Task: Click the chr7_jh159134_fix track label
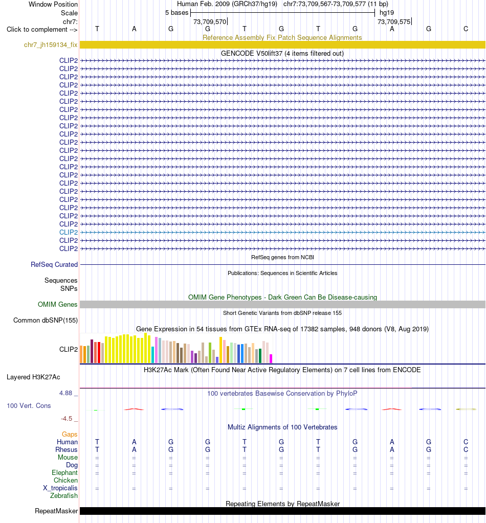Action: tap(51, 44)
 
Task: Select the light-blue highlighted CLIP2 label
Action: tap(69, 232)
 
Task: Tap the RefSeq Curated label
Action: tap(54, 264)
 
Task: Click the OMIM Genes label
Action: tap(57, 304)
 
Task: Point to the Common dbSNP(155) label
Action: tap(46, 320)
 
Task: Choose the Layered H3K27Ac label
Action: tap(33, 377)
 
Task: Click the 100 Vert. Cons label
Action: tap(29, 405)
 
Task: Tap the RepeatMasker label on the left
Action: tap(56, 511)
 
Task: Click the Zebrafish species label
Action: tap(64, 496)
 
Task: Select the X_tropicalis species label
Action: tap(60, 488)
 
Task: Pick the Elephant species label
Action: tap(64, 472)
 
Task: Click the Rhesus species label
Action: tap(67, 449)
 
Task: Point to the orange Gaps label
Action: tap(70, 434)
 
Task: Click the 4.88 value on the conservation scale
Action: tap(66, 393)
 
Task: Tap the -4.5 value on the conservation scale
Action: tap(67, 418)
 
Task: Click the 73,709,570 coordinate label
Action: tap(210, 21)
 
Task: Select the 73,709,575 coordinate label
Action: tap(394, 21)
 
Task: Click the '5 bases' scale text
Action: tap(177, 13)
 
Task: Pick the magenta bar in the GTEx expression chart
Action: tap(271, 358)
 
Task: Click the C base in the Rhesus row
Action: tap(466, 449)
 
